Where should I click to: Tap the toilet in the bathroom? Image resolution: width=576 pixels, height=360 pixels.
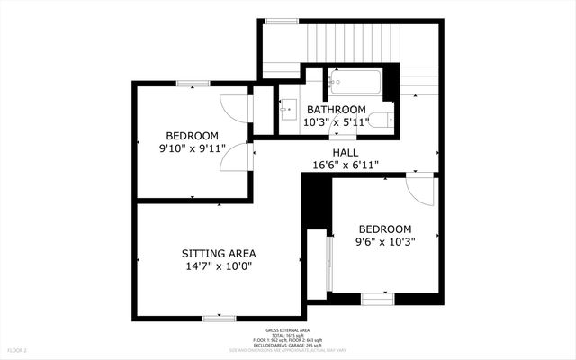click(382, 119)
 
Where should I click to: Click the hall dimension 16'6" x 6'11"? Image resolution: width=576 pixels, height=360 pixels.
click(345, 165)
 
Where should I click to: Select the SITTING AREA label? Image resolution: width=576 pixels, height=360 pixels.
click(219, 253)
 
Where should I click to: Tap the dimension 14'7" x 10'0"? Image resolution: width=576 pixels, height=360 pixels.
click(219, 266)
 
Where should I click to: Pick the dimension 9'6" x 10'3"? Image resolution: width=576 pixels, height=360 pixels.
click(385, 241)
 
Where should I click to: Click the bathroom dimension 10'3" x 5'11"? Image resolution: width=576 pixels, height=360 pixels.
click(336, 122)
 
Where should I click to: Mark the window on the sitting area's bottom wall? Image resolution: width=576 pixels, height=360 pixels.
click(219, 317)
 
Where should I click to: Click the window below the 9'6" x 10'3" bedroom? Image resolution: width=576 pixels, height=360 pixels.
click(377, 297)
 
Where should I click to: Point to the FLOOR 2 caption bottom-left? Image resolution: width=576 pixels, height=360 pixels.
click(18, 349)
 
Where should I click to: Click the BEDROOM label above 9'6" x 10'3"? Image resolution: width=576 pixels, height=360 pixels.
click(385, 229)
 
